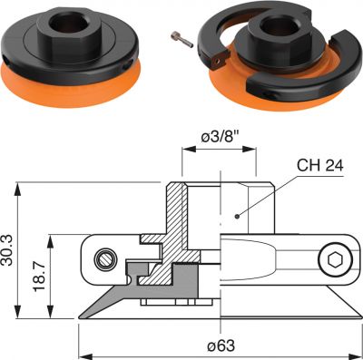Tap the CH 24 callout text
pyautogui.click(x=320, y=166)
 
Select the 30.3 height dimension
pyautogui.click(x=7, y=250)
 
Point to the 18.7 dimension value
pyautogui.click(x=39, y=277)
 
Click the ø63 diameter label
pyautogui.click(x=221, y=345)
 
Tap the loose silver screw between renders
pyautogui.click(x=181, y=40)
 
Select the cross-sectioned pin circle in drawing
pyautogui.click(x=105, y=259)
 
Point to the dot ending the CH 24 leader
pyautogui.click(x=237, y=216)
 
